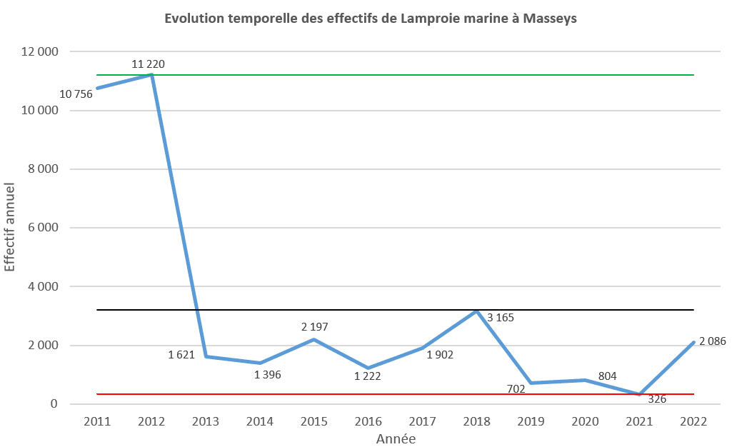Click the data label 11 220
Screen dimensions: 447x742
pyautogui.click(x=148, y=64)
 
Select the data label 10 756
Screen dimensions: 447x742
pyautogui.click(x=76, y=94)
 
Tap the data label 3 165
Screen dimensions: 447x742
pyautogui.click(x=500, y=318)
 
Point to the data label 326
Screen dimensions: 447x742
pyautogui.click(x=657, y=399)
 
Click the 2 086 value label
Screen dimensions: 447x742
pyautogui.click(x=712, y=341)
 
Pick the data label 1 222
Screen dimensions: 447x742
pyautogui.click(x=369, y=376)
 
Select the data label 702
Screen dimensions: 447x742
pyautogui.click(x=516, y=388)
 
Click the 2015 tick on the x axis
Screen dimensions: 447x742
pyautogui.click(x=314, y=422)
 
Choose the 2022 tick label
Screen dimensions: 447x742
pyautogui.click(x=693, y=422)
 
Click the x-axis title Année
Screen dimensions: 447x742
pyautogui.click(x=396, y=439)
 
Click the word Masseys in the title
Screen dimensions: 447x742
pyautogui.click(x=550, y=19)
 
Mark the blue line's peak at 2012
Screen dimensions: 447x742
pyautogui.click(x=151, y=74)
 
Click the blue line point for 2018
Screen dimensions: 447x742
pyautogui.click(x=476, y=311)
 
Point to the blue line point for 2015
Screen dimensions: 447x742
pyautogui.click(x=314, y=339)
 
